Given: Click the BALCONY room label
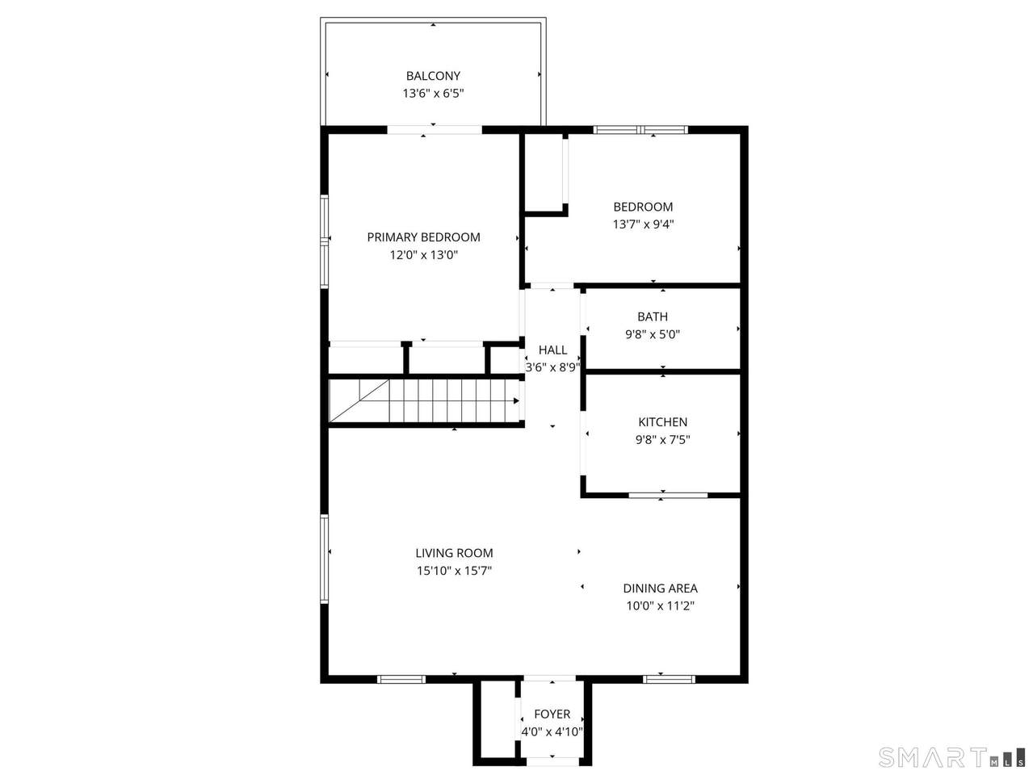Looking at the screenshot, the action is click(x=432, y=76).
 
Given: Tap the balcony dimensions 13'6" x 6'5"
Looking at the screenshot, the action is click(x=433, y=93).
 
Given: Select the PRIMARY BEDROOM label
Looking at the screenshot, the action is click(x=423, y=237).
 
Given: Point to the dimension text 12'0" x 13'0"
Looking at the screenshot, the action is click(x=423, y=255).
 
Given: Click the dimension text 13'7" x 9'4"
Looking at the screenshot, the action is click(x=643, y=224).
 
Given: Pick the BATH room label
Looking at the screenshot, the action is click(x=653, y=316).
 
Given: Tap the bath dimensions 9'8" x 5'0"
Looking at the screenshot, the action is click(x=653, y=334).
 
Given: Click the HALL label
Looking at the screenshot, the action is click(x=552, y=350).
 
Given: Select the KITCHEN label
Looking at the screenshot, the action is click(x=662, y=422).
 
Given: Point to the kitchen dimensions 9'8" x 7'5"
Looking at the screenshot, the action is click(x=662, y=440).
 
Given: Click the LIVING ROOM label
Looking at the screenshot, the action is click(x=454, y=553).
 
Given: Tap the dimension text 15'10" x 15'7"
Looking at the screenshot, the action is click(x=454, y=571).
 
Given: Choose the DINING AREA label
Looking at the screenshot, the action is click(x=661, y=589).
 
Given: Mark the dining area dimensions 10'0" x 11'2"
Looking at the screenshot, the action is click(x=661, y=605).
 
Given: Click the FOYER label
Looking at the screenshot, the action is click(x=552, y=714).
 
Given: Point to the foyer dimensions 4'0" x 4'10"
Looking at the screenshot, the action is click(x=552, y=732).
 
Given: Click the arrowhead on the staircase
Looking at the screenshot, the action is click(x=516, y=400).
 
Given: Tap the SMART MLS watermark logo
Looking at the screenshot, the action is click(x=951, y=757).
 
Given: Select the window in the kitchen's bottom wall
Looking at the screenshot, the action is click(x=668, y=495).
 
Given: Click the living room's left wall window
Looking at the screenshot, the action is click(x=324, y=559).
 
